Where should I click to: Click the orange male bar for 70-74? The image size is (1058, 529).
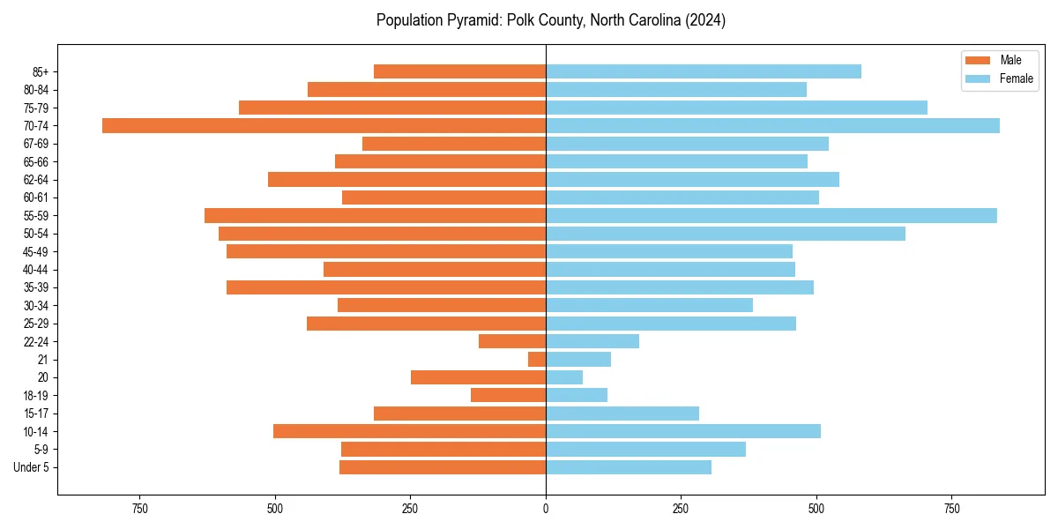(324, 125)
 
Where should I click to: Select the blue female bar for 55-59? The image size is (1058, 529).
(771, 215)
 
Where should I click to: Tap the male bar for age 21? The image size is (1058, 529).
(537, 359)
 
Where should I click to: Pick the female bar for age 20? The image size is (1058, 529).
(564, 377)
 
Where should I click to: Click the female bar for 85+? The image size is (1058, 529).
(704, 71)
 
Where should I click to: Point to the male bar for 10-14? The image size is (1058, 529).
(409, 431)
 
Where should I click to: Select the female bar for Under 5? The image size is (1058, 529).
(629, 467)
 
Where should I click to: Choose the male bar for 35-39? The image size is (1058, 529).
(386, 287)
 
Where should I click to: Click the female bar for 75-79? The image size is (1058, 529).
(736, 108)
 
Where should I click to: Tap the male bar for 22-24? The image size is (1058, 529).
(512, 341)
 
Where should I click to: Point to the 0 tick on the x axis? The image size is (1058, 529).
(546, 509)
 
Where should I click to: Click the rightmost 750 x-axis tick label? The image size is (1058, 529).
(952, 509)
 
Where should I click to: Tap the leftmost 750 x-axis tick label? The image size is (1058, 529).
(139, 509)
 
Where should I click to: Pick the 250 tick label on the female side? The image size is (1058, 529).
(681, 509)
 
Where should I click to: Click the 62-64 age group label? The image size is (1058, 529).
(36, 180)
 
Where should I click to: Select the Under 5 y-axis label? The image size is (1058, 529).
(32, 467)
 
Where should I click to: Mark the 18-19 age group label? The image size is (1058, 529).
(36, 395)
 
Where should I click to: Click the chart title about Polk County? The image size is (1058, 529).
(551, 20)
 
